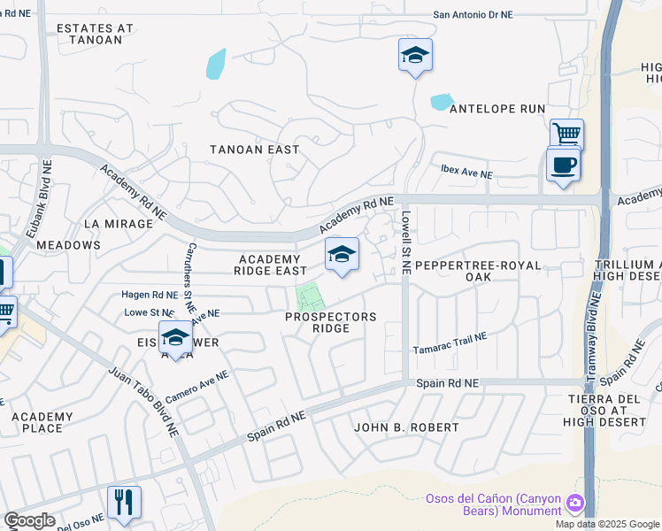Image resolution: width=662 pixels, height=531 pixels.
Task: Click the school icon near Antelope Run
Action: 415,56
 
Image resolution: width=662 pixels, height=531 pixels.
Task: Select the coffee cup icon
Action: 563,165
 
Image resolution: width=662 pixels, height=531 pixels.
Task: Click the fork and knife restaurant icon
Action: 124,503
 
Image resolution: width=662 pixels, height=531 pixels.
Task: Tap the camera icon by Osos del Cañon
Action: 575,504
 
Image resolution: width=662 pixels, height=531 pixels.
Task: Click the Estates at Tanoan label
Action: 95,34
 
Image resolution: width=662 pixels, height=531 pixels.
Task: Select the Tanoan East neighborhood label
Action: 254,150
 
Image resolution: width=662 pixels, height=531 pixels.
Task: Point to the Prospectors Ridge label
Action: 330,322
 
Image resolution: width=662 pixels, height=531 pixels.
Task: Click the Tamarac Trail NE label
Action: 450,343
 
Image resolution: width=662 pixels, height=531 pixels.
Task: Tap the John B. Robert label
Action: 406,427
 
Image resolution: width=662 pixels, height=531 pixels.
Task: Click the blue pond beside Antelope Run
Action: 442,102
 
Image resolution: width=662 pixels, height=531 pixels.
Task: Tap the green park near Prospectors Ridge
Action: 308,298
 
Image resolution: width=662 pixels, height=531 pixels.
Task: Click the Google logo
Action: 29,520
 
